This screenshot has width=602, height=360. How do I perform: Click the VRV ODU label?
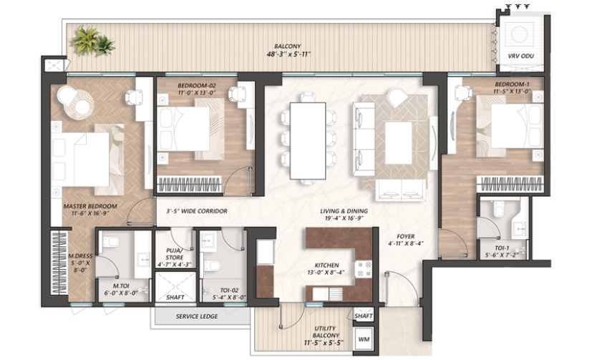[x=520, y=56]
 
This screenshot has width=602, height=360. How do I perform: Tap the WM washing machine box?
[x=364, y=339]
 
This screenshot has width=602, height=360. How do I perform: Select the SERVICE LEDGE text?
[x=197, y=316]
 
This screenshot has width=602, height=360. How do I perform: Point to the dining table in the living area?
[x=308, y=141]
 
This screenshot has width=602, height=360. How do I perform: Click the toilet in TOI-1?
[x=499, y=210]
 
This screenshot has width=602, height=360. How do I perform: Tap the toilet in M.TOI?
[x=110, y=242]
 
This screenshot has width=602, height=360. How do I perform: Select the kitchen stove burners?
[x=363, y=269]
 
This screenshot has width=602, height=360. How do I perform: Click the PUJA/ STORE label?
[x=175, y=253]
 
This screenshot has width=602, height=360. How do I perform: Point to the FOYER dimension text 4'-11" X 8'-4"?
[x=405, y=243]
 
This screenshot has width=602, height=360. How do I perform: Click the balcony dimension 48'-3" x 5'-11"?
[x=288, y=54]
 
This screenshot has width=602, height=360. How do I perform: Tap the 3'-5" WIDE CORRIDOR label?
[x=197, y=211]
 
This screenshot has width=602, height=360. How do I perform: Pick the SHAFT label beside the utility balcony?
[x=363, y=316]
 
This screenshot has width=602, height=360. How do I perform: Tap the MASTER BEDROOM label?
[x=90, y=206]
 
